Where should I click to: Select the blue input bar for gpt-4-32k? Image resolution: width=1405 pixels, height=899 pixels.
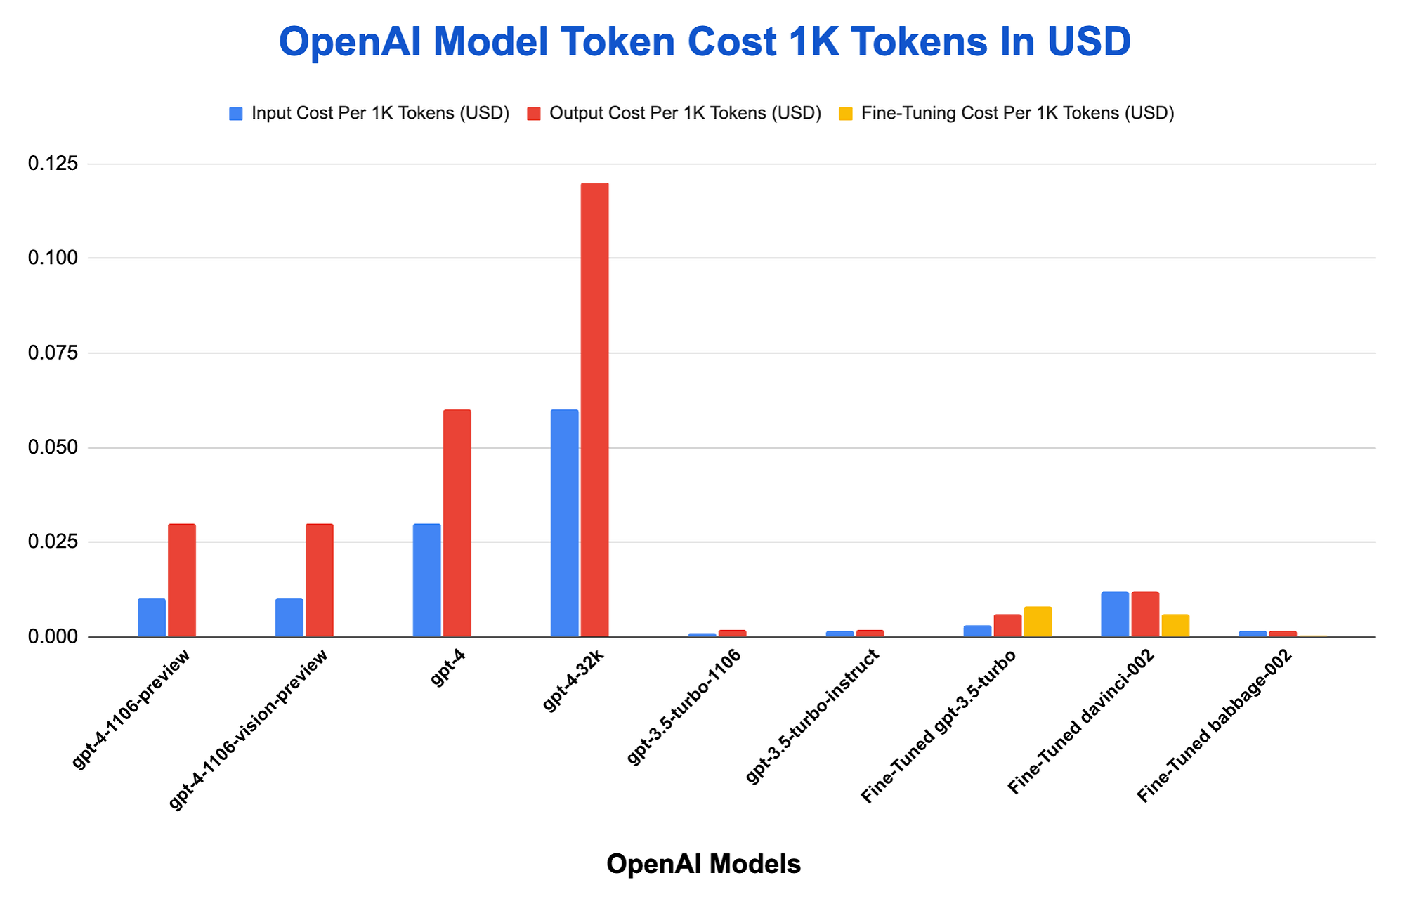point(564,523)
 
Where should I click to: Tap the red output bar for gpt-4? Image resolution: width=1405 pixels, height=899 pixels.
point(457,523)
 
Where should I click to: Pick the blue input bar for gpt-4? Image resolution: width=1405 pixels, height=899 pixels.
point(426,580)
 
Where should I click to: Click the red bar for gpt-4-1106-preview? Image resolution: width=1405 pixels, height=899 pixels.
point(181,580)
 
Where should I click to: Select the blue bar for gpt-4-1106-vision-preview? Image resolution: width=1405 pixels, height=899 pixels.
point(289,618)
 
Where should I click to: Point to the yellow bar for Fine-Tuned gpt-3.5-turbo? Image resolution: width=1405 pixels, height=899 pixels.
point(1038,622)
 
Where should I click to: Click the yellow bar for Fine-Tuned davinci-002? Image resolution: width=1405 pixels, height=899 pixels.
point(1175,626)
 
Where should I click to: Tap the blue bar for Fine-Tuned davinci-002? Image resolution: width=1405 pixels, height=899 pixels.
point(1115,615)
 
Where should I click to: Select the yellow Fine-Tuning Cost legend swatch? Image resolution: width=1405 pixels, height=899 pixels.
point(846,114)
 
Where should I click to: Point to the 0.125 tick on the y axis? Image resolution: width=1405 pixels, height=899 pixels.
point(53,164)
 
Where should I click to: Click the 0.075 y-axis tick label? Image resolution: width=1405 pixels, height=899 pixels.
point(53,353)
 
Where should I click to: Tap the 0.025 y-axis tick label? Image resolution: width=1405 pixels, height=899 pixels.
point(53,542)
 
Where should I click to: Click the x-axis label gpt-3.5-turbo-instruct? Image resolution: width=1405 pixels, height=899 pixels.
point(812,716)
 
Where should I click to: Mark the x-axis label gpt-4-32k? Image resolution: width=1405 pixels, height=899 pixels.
point(574,681)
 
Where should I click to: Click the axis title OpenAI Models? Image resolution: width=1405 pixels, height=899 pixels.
point(703,864)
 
